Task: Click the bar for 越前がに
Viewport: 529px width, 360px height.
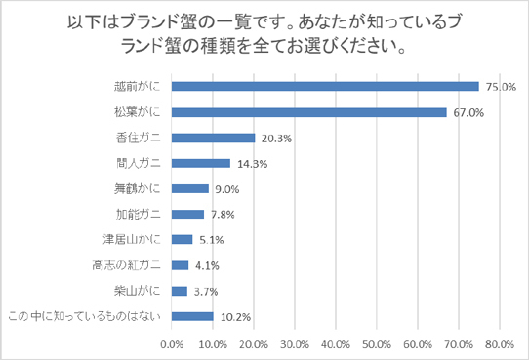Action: [325, 86]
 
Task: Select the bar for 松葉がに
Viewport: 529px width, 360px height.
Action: [308, 112]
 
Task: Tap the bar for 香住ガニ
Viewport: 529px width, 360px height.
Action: [213, 138]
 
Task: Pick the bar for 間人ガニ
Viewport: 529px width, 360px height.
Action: [200, 163]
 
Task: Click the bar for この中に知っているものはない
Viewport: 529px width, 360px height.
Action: [192, 315]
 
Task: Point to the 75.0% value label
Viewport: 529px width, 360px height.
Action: [500, 87]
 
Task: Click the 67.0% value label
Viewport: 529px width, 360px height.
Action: [467, 112]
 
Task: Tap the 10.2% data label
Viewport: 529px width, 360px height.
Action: [233, 316]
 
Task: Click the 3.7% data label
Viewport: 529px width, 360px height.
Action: [206, 291]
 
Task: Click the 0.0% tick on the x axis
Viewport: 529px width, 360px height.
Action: [172, 343]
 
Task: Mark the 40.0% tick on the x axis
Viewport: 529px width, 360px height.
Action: [336, 343]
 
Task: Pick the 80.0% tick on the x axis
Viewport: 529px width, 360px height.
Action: [500, 343]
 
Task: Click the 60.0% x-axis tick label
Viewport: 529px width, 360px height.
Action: [418, 343]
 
